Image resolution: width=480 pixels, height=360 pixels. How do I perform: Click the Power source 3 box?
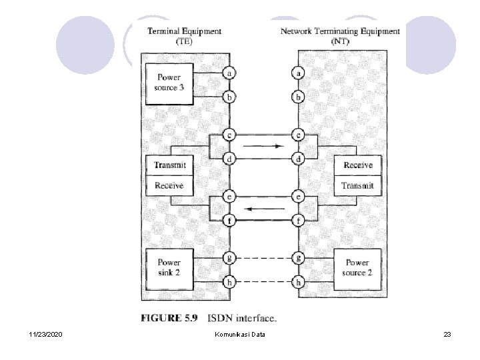pos(169,83)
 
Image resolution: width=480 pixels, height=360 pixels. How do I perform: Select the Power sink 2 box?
pos(169,267)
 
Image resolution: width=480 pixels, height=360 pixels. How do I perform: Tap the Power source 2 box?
pos(357,268)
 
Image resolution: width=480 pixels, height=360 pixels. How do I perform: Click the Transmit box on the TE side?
pos(169,165)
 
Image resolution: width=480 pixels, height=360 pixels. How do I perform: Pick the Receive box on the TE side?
pos(169,185)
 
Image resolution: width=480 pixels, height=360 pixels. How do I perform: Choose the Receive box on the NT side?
pos(358,165)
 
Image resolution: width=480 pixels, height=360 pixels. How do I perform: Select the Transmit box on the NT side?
pos(358,185)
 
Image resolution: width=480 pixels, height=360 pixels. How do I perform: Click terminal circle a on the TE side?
pos(230,73)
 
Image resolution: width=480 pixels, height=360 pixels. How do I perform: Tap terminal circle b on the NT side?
pos(299,97)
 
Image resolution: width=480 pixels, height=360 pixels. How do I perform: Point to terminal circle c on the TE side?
pos(230,135)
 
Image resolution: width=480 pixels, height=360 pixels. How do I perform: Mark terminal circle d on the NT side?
pos(299,159)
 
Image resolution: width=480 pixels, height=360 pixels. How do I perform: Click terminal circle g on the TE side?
pos(230,257)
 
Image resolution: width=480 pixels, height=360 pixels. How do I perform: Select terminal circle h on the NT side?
pos(299,283)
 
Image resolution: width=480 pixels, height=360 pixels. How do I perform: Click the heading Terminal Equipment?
pos(184,31)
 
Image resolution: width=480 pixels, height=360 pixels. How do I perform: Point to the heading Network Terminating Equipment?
pos(340,31)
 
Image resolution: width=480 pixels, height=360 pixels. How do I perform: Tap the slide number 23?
pos(447,333)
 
